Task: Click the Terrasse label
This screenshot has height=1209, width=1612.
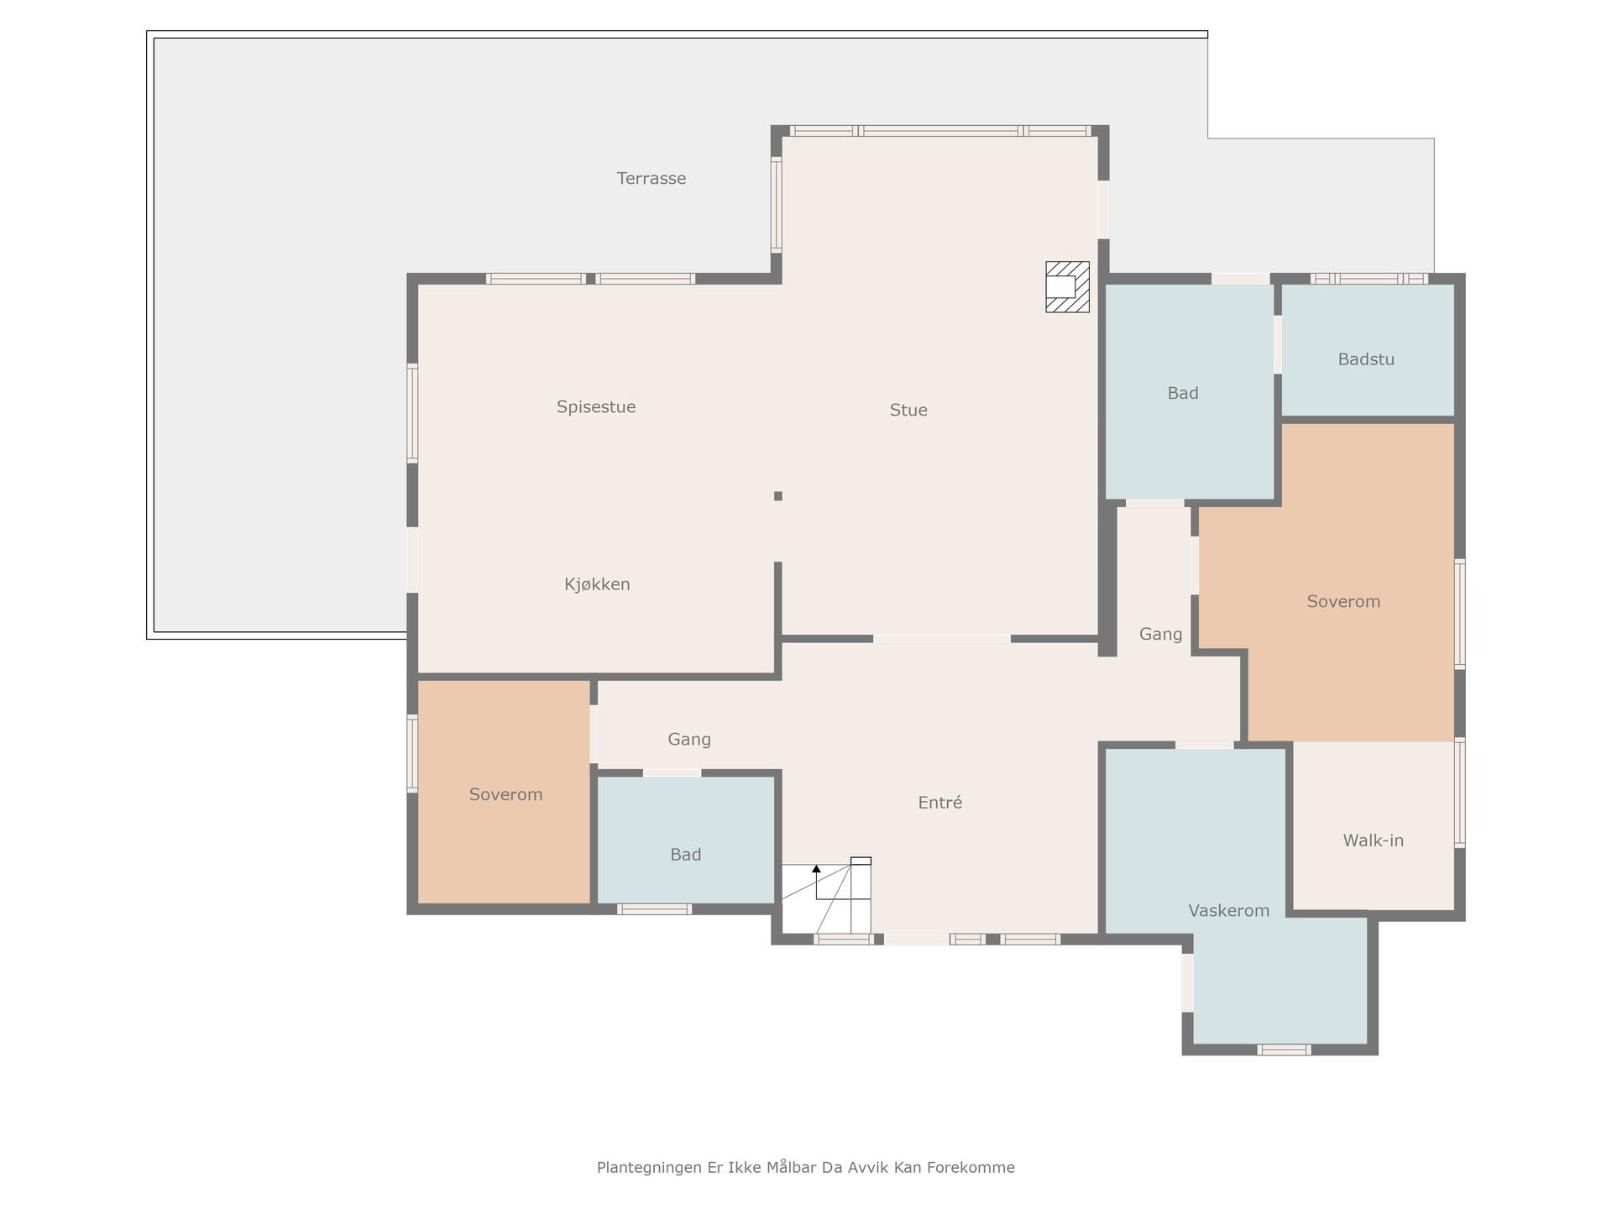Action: pyautogui.click(x=652, y=178)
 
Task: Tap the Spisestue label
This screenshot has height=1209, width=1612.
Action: pyautogui.click(x=596, y=407)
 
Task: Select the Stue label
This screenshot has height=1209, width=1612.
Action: pyautogui.click(x=908, y=411)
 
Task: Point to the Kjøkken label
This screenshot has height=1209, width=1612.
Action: pyautogui.click(x=597, y=584)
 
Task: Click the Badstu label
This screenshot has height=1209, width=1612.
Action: pyautogui.click(x=1366, y=359)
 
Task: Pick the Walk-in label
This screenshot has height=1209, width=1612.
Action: pyautogui.click(x=1373, y=840)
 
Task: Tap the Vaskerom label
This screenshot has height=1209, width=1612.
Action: pyautogui.click(x=1228, y=911)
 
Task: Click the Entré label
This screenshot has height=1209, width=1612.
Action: pyautogui.click(x=939, y=803)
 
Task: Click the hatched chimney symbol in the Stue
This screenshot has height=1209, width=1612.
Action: pyautogui.click(x=1067, y=287)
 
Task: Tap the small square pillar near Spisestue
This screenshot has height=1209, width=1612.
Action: pyautogui.click(x=778, y=496)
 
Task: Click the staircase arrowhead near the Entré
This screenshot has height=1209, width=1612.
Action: pyautogui.click(x=816, y=869)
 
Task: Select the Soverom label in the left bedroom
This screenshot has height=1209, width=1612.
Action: pyautogui.click(x=505, y=794)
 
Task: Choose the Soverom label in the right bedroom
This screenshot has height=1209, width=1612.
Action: pyautogui.click(x=1343, y=601)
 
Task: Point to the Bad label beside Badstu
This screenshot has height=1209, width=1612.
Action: pyautogui.click(x=1183, y=393)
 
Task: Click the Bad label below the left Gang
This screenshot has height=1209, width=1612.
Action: pyautogui.click(x=685, y=855)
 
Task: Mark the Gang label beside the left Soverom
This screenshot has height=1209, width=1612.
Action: pyautogui.click(x=689, y=740)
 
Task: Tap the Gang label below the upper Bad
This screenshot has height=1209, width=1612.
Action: pyautogui.click(x=1160, y=635)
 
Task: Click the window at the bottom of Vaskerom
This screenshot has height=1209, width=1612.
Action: pyautogui.click(x=1284, y=1049)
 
